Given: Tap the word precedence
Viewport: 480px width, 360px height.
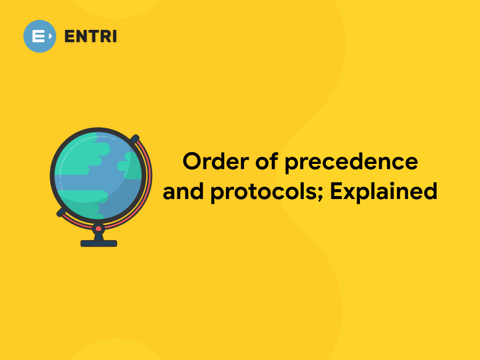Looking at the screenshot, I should pyautogui.click(x=352, y=162).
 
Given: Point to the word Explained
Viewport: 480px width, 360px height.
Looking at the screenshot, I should pyautogui.click(x=383, y=191).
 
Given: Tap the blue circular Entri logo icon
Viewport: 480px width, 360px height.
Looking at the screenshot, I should pyautogui.click(x=40, y=36).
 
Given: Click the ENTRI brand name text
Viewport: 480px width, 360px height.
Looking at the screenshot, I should pyautogui.click(x=91, y=36).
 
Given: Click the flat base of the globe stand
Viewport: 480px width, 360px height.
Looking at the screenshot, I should pyautogui.click(x=98, y=243).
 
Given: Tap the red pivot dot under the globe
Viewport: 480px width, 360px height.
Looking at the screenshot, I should pyautogui.click(x=98, y=228).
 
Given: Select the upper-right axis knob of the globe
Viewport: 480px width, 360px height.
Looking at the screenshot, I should pyautogui.click(x=135, y=139).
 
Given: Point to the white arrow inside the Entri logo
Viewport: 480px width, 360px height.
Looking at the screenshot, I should pyautogui.click(x=50, y=36).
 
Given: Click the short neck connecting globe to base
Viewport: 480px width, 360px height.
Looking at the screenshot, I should pyautogui.click(x=98, y=236).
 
